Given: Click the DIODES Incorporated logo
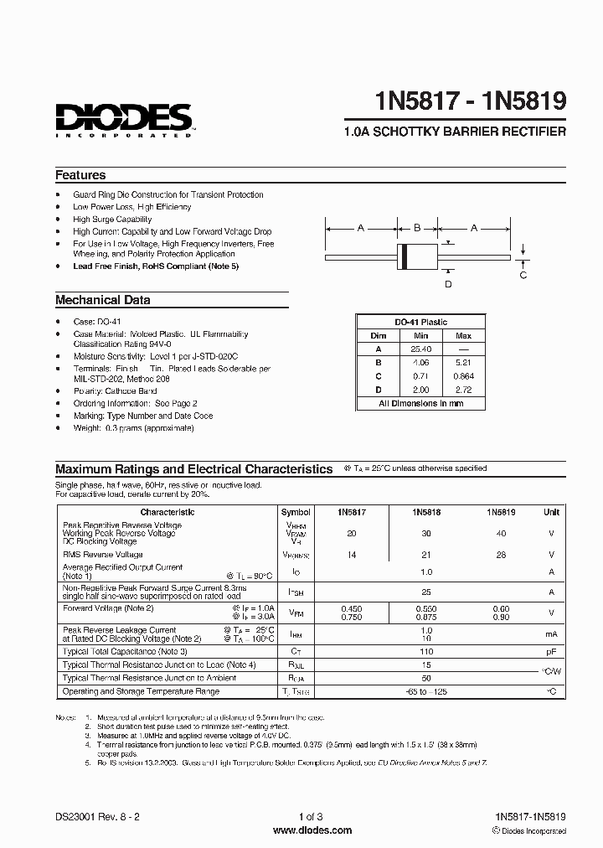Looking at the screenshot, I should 124,120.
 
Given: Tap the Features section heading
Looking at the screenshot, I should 80,175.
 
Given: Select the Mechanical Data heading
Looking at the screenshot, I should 103,300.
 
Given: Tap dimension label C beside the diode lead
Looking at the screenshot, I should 523,275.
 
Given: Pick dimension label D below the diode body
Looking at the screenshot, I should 448,284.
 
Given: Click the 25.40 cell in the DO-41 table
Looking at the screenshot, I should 421,349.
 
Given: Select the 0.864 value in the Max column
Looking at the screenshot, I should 463,376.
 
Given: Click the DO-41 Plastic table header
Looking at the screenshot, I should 421,322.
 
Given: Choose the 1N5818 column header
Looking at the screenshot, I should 426,512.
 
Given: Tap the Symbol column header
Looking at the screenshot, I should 296,512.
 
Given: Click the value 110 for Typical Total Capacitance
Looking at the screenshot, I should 426,651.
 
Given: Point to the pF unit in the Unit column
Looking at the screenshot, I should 551,651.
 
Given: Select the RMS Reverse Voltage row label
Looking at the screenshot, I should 103,555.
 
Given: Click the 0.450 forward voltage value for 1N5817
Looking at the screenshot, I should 352,608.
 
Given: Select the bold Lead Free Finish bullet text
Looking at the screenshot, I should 156,266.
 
